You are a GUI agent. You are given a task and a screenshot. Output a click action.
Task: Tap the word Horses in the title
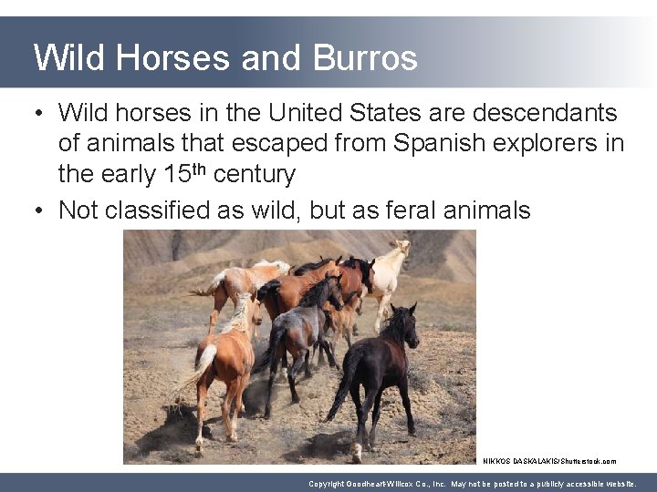(x=173, y=58)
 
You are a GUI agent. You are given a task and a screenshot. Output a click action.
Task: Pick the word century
(x=254, y=173)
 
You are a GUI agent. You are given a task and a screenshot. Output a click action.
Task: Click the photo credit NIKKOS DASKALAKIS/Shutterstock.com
(x=549, y=461)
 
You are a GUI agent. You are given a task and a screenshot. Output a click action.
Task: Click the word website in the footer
(x=617, y=484)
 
